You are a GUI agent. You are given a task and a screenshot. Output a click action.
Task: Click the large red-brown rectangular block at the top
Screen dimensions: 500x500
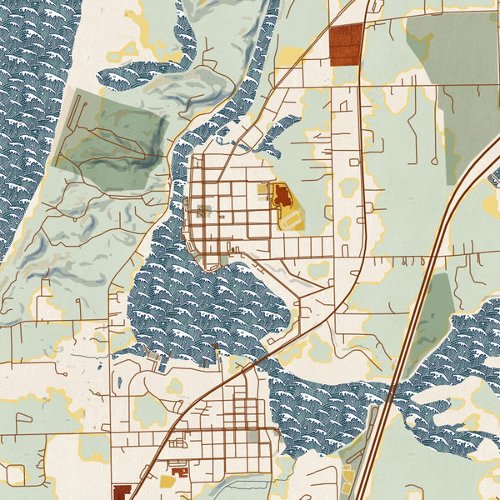pyautogui.click(x=346, y=43)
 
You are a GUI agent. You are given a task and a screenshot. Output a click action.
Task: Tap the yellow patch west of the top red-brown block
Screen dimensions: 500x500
pyautogui.click(x=291, y=57)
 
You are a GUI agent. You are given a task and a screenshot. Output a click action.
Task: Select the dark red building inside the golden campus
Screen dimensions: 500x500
pyautogui.click(x=282, y=197)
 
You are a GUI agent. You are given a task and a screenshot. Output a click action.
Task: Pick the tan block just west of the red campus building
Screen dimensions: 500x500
pyautogui.click(x=264, y=190)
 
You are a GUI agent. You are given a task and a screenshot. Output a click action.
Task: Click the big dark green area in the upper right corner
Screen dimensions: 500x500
pyautogui.click(x=454, y=75)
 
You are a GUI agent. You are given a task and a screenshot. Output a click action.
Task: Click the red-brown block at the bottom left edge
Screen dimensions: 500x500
pyautogui.click(x=122, y=492)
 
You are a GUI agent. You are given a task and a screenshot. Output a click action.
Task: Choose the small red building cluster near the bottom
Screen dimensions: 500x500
pyautogui.click(x=177, y=469)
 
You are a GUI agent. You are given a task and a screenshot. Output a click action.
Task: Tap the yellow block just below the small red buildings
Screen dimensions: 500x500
pyautogui.click(x=167, y=482)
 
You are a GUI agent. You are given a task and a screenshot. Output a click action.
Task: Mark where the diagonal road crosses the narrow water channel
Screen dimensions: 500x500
pyautogui.click(x=254, y=361)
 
